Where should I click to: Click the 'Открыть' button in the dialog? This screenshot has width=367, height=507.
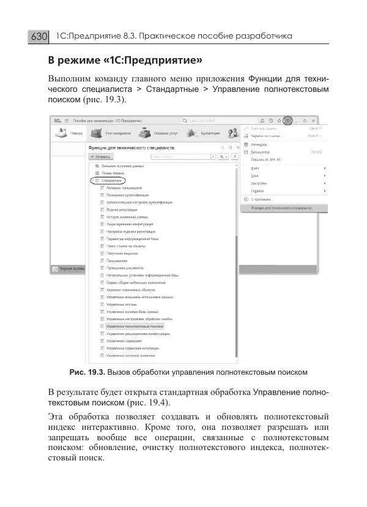102,157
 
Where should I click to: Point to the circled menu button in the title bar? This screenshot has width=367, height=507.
288,121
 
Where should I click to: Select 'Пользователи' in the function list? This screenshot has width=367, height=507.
119,260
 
